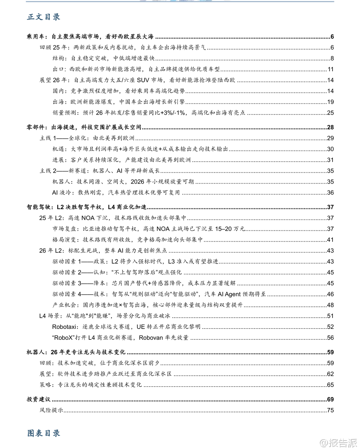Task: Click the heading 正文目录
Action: [x=43, y=17]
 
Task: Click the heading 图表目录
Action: [x=43, y=433]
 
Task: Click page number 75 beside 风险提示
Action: [x=330, y=410]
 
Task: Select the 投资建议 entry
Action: [x=38, y=399]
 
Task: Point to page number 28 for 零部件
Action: [x=330, y=128]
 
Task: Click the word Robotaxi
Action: [x=65, y=327]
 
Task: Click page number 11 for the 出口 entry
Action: [x=330, y=69]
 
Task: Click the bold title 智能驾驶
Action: [x=38, y=207]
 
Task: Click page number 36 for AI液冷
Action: [x=330, y=192]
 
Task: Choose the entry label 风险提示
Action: [x=51, y=410]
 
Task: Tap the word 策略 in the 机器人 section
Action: [x=45, y=385]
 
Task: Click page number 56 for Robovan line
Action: [x=330, y=338]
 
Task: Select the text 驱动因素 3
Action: [x=67, y=283]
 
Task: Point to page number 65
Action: [x=330, y=385]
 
